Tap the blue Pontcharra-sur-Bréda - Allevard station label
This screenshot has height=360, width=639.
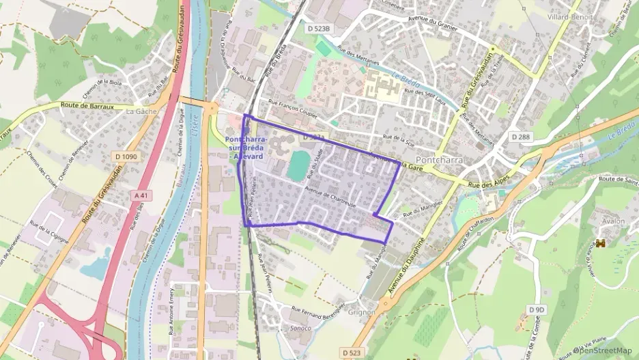[246, 148]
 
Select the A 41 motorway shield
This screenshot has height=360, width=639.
[141, 195]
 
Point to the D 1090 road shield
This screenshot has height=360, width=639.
[127, 156]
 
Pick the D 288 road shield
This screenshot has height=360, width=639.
[521, 137]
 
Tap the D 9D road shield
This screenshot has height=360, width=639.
[537, 309]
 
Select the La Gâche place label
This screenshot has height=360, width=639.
[141, 111]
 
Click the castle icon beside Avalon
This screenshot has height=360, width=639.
[601, 243]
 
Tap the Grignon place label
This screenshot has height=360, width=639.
[361, 312]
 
